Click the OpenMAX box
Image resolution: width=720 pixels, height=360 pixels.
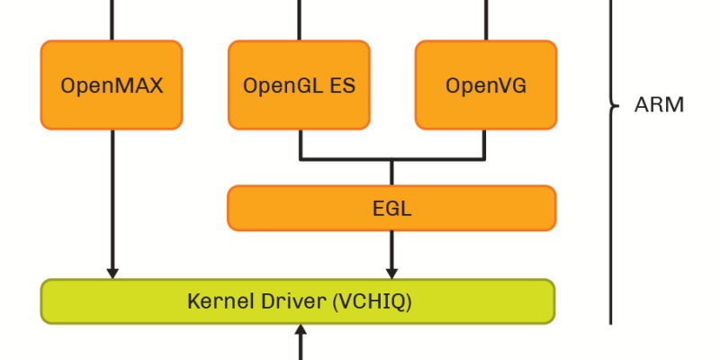click(x=112, y=85)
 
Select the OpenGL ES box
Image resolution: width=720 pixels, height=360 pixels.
click(x=299, y=85)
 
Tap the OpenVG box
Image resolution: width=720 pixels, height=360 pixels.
click(x=486, y=85)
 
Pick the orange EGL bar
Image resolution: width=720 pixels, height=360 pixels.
click(x=391, y=208)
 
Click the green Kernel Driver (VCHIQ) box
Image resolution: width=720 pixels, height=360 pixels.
click(x=298, y=301)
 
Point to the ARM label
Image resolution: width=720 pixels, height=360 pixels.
click(x=659, y=104)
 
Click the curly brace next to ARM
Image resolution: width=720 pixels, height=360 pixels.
click(x=614, y=104)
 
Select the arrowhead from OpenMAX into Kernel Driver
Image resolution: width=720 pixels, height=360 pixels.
click(x=112, y=272)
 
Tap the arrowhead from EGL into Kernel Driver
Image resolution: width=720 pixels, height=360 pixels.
click(x=391, y=272)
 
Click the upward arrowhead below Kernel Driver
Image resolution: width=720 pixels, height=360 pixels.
click(x=301, y=332)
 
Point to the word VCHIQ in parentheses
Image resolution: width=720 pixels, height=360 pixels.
click(x=372, y=301)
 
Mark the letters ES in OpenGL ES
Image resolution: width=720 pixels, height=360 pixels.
click(x=342, y=86)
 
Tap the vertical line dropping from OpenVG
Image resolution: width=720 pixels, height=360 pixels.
click(x=486, y=144)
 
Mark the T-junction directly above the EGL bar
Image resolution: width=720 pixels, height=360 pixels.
click(x=391, y=161)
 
